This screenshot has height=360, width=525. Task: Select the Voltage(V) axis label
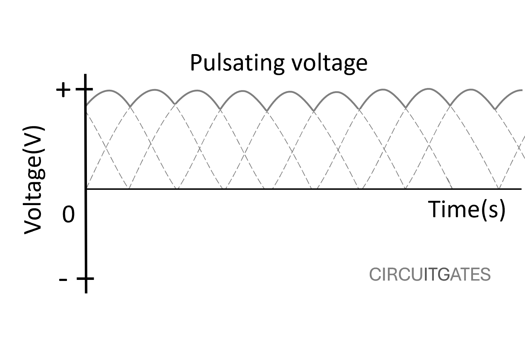pyautogui.click(x=34, y=180)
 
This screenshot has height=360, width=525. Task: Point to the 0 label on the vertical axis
pyautogui.click(x=69, y=215)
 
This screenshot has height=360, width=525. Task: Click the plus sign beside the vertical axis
pyautogui.click(x=63, y=90)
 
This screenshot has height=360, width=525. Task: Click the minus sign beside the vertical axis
pyautogui.click(x=63, y=280)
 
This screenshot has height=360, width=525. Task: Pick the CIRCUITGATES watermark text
pyautogui.click(x=430, y=275)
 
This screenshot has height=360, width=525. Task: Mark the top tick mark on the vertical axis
pyautogui.click(x=86, y=89)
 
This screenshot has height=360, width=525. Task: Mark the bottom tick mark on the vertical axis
pyautogui.click(x=86, y=279)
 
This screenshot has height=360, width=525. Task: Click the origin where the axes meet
pyautogui.click(x=87, y=189)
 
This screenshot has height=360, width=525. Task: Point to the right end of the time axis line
pyautogui.click(x=521, y=189)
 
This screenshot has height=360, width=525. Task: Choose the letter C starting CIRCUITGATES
pyautogui.click(x=375, y=275)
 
